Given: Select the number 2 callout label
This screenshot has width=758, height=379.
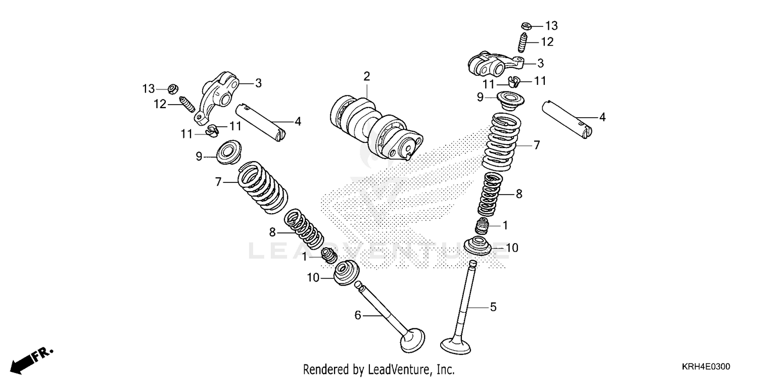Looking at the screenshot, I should pos(366,76).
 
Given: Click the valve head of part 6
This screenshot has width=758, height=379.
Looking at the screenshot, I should pos(412,339).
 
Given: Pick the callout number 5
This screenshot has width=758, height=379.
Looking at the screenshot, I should pos(493,307).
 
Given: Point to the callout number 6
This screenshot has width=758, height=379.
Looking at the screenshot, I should pos(358,315).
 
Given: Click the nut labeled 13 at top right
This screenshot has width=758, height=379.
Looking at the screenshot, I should pos(526,25).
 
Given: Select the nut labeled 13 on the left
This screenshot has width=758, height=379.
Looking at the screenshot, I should pos(171,89).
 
